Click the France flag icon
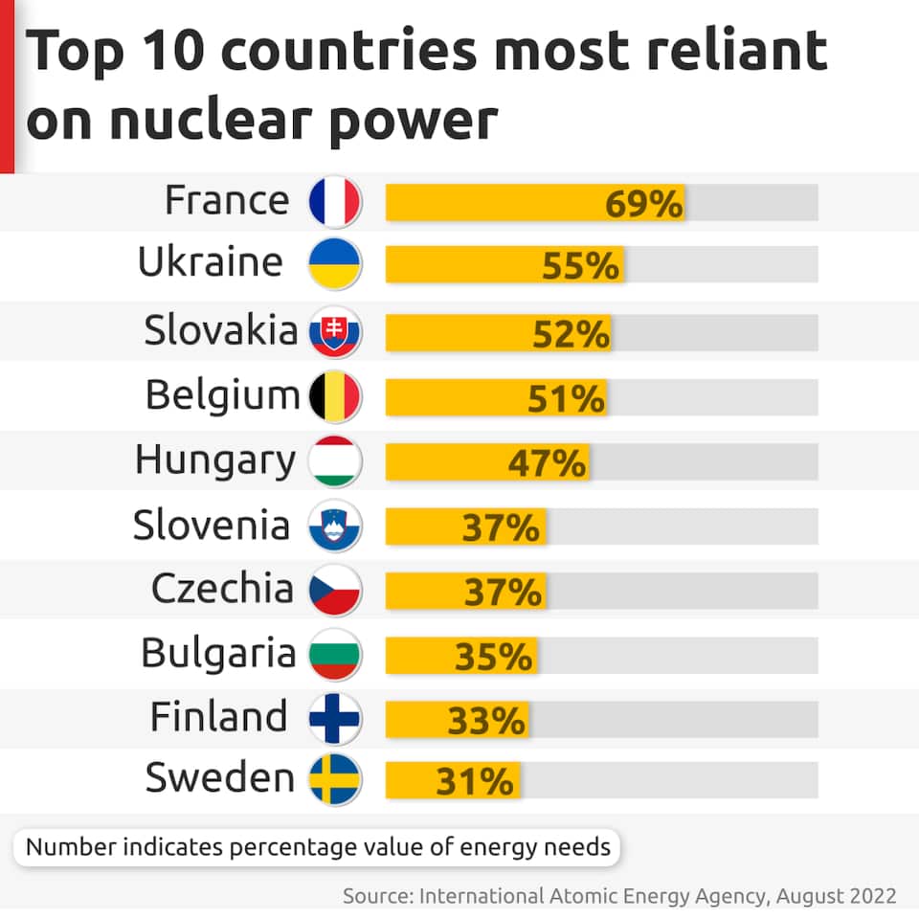click(x=334, y=202)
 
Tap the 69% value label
click(x=643, y=204)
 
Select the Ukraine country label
click(x=211, y=262)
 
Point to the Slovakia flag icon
click(x=334, y=332)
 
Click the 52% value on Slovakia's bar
click(x=571, y=334)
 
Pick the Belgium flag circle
click(x=334, y=396)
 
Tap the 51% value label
click(x=566, y=398)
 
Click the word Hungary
click(x=214, y=460)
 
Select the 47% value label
click(x=547, y=463)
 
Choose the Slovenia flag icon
click(x=334, y=527)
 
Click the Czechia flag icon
click(x=334, y=591)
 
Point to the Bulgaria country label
click(x=218, y=654)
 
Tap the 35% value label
click(x=493, y=658)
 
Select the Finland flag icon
click(x=334, y=719)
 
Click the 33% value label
click(x=486, y=721)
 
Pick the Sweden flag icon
click(x=334, y=780)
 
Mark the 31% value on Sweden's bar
click(x=475, y=783)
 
